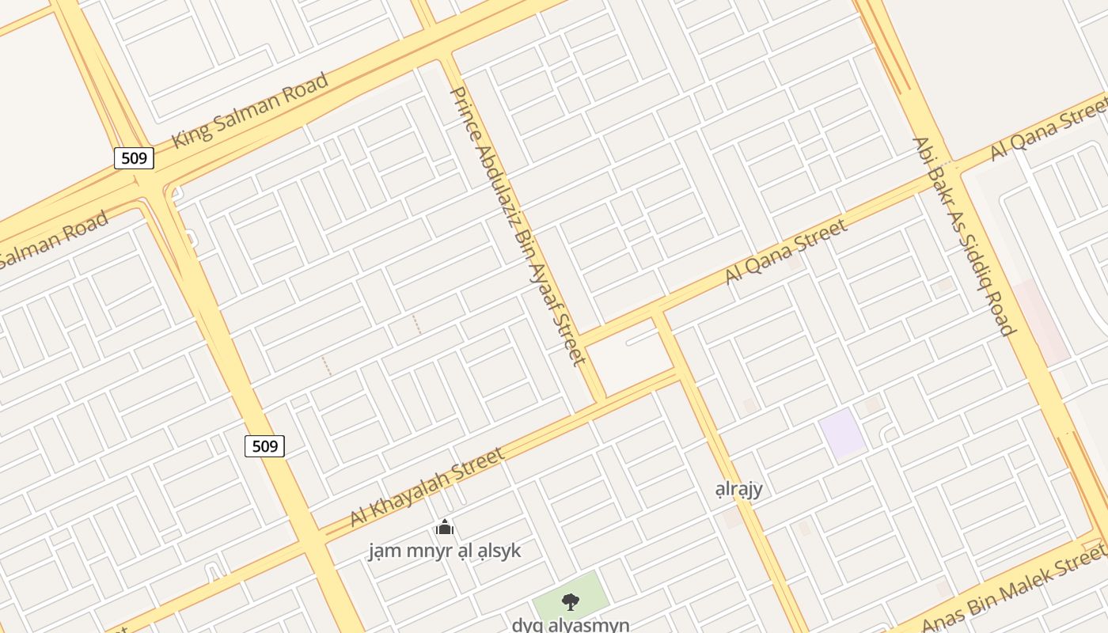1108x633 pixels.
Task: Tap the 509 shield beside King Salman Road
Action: pyautogui.click(x=134, y=158)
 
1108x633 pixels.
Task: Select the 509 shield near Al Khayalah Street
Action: pyautogui.click(x=264, y=446)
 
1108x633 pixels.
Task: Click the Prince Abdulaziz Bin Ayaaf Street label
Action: pyautogui.click(x=517, y=226)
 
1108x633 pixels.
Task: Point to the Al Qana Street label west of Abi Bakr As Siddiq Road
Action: pyautogui.click(x=786, y=252)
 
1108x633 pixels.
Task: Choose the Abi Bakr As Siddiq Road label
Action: pyautogui.click(x=962, y=236)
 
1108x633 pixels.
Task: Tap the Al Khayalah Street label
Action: pyautogui.click(x=427, y=487)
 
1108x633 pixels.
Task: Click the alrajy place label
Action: pyautogui.click(x=738, y=488)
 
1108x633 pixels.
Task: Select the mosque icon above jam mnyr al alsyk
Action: pyautogui.click(x=445, y=527)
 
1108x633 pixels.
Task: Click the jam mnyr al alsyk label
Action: pyautogui.click(x=445, y=550)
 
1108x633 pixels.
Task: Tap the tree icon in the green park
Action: pyautogui.click(x=569, y=602)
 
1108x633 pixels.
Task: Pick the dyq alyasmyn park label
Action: pyautogui.click(x=571, y=624)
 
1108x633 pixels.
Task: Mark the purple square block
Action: pyautogui.click(x=842, y=433)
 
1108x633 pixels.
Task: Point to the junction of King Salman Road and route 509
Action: pyautogui.click(x=150, y=184)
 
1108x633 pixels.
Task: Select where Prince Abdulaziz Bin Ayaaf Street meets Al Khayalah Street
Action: pyautogui.click(x=600, y=401)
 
